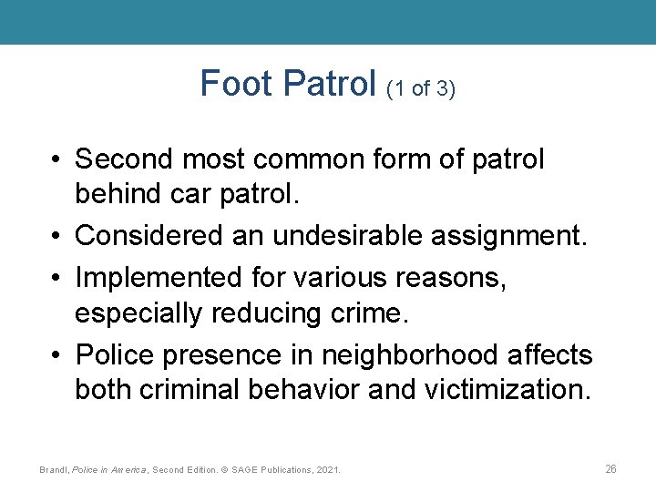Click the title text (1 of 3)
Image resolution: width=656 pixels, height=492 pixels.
[x=421, y=89]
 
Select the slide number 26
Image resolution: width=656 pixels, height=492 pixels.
[x=610, y=468]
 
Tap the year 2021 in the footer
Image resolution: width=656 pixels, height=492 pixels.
[x=325, y=469]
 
